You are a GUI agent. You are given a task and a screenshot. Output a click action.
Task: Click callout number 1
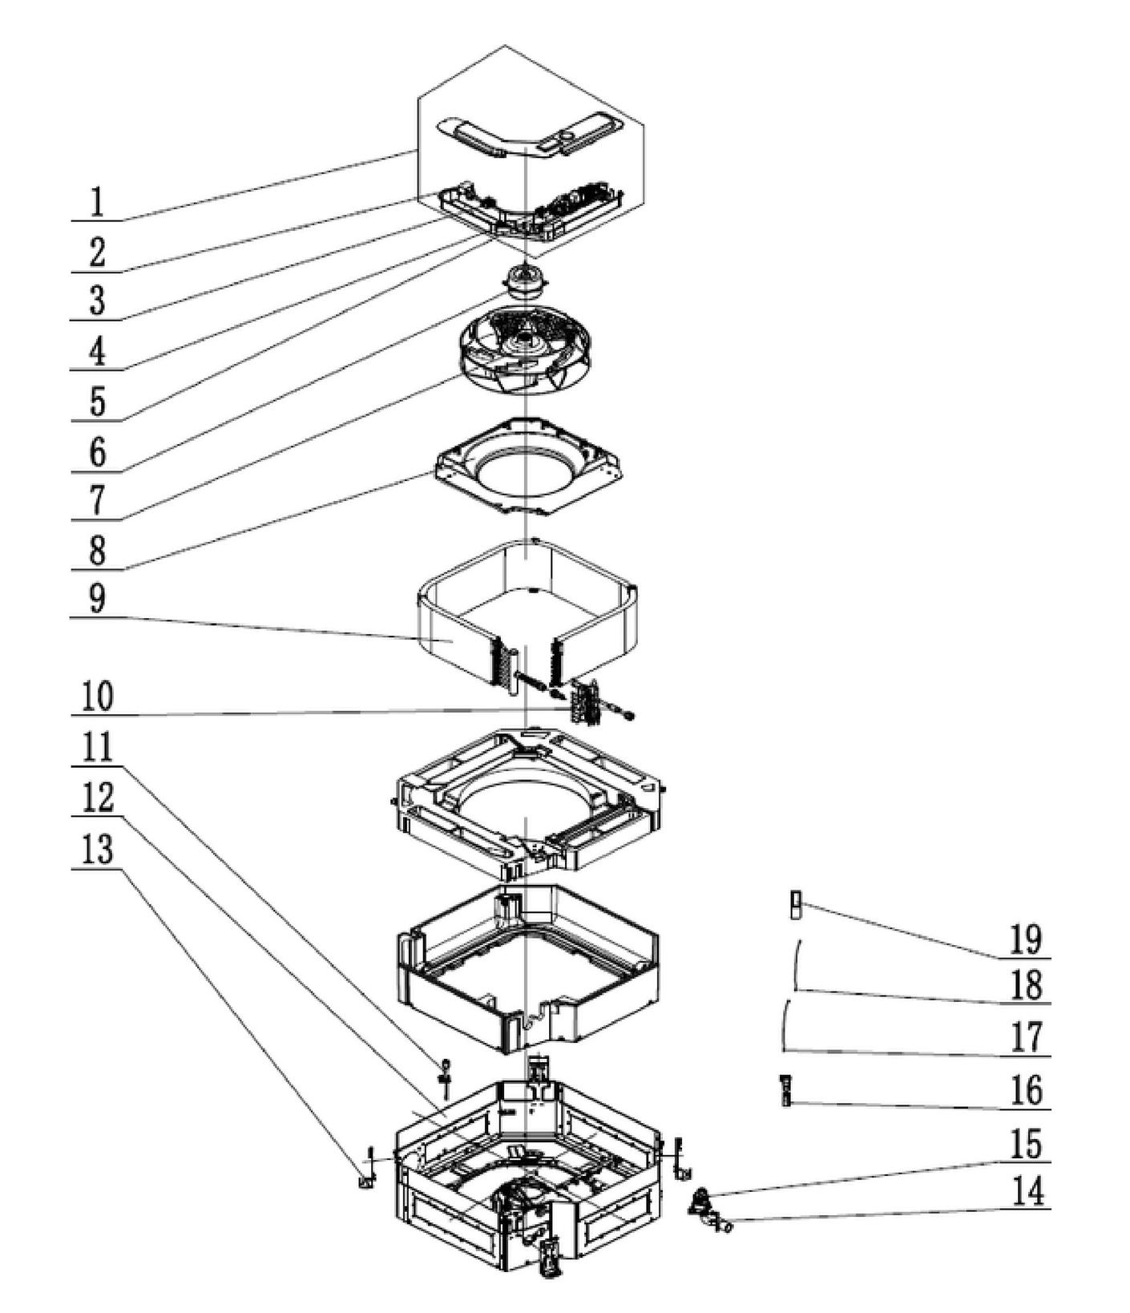tap(96, 202)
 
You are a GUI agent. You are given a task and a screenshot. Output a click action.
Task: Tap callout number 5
tap(97, 402)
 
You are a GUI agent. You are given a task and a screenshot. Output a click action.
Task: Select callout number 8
tap(97, 551)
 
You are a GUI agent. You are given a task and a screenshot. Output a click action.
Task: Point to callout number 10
tap(97, 696)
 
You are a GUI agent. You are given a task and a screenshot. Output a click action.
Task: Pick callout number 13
tap(97, 849)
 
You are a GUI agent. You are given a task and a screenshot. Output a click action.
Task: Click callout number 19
tap(1025, 939)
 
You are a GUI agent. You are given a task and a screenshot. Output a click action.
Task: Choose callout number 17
tap(1025, 1037)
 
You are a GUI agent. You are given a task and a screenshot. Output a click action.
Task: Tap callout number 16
tap(1025, 1091)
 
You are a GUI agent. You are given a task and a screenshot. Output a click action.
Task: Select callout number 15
tap(1025, 1144)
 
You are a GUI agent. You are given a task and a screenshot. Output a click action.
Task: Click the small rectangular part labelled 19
tap(795, 905)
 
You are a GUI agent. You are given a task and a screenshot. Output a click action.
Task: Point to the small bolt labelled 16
tap(786, 1091)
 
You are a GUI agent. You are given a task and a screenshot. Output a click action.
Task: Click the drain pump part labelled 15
tap(702, 1199)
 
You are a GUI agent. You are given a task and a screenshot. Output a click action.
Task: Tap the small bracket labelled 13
tap(366, 1180)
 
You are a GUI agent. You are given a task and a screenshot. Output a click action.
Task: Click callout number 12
tap(97, 798)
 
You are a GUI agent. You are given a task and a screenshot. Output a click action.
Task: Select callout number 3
tap(97, 301)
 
